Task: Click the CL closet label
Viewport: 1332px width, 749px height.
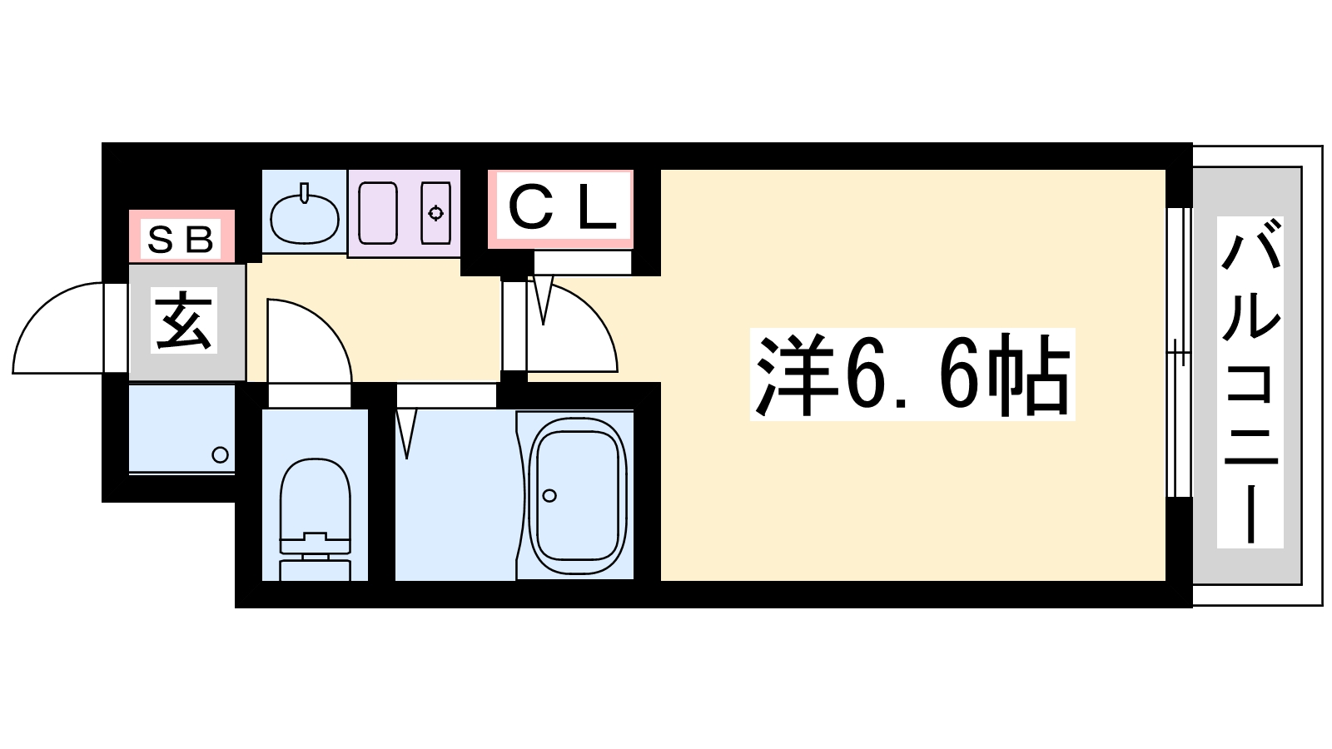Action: (561, 209)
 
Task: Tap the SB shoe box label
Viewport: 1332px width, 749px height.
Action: (180, 240)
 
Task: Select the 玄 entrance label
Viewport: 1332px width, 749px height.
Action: (184, 320)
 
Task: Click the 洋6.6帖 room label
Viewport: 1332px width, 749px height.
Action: (912, 374)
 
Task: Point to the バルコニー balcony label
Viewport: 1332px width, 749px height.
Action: (1250, 382)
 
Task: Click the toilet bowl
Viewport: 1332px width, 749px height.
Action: (315, 499)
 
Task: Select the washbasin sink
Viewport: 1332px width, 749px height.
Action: (305, 217)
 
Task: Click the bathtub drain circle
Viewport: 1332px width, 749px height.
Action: (549, 495)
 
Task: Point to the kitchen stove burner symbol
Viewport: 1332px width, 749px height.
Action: (436, 213)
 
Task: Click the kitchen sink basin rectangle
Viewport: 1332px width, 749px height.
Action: (378, 213)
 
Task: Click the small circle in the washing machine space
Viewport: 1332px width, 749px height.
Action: (221, 454)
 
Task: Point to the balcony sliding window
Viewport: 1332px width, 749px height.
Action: (1179, 353)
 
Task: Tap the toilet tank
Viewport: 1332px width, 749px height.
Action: (315, 570)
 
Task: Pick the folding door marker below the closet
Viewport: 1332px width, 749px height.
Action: (543, 300)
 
